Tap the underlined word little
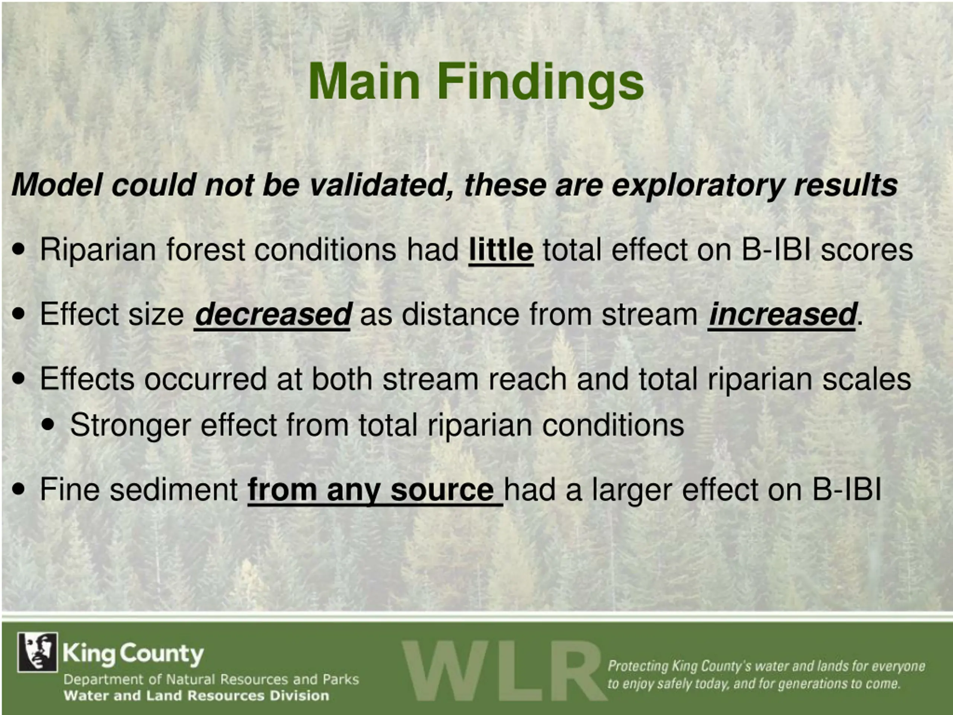[501, 250]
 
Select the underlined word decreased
[273, 314]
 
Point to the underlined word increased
[783, 314]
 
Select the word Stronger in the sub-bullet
[131, 426]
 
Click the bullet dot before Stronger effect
[49, 425]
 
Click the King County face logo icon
[38, 652]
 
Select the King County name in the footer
[133, 654]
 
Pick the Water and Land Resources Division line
[197, 695]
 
